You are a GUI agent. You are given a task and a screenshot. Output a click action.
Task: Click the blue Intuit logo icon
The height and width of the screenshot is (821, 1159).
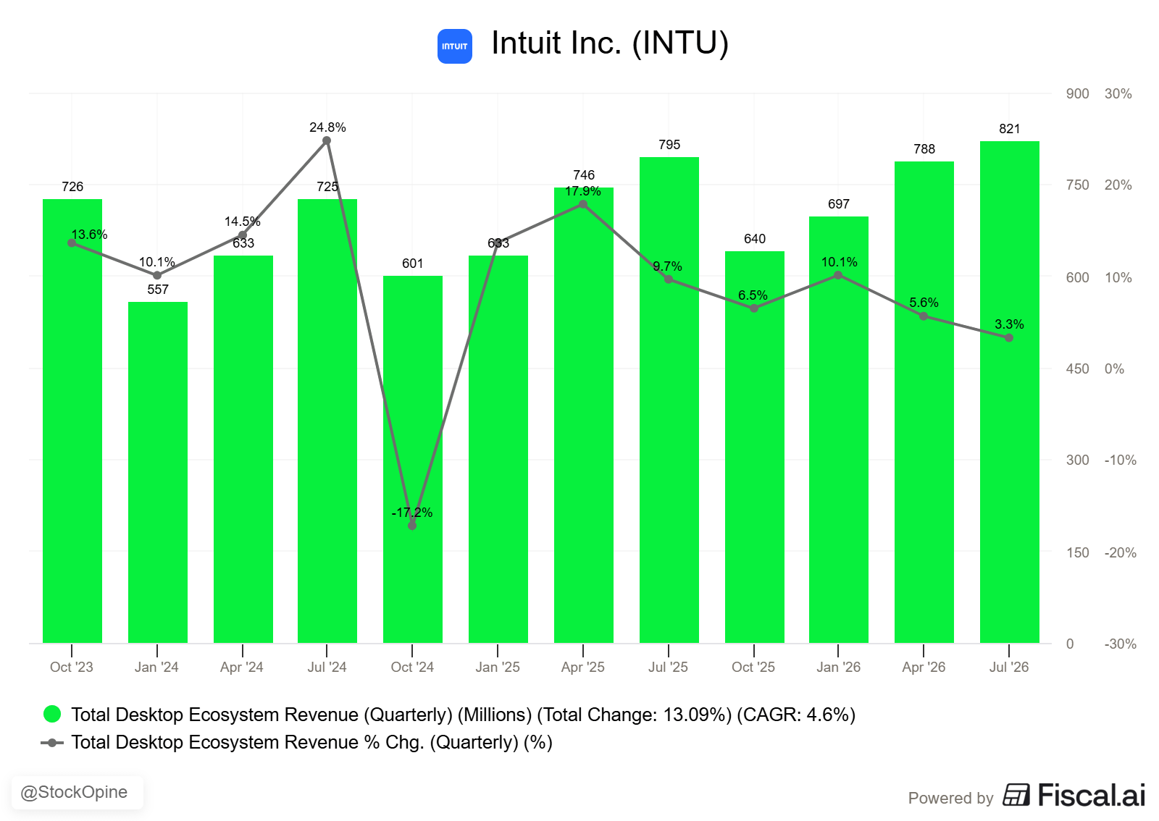pyautogui.click(x=454, y=46)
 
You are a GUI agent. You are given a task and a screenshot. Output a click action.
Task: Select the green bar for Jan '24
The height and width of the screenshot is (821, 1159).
pyautogui.click(x=158, y=472)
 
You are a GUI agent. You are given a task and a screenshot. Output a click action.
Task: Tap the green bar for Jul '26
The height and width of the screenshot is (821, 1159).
pyautogui.click(x=1010, y=392)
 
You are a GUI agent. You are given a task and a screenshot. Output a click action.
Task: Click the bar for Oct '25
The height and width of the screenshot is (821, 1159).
pyautogui.click(x=754, y=447)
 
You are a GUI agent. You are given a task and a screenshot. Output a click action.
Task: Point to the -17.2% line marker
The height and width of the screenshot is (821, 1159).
pyautogui.click(x=412, y=526)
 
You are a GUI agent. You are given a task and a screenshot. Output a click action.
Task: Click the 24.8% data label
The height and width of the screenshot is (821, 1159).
pyautogui.click(x=327, y=127)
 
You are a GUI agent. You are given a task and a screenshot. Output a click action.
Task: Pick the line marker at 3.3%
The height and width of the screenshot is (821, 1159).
pyautogui.click(x=1009, y=337)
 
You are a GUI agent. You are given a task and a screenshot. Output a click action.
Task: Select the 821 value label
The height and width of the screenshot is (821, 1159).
pyautogui.click(x=1010, y=129)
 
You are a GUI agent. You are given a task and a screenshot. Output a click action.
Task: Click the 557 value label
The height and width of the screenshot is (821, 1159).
pyautogui.click(x=158, y=290)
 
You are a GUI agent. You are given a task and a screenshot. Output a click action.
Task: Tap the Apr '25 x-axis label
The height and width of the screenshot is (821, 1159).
pyautogui.click(x=582, y=667)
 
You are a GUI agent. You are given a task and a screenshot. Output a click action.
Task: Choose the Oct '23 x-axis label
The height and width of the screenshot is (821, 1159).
pyautogui.click(x=72, y=667)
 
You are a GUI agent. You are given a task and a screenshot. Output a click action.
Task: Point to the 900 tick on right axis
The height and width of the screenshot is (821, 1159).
pyautogui.click(x=1077, y=94)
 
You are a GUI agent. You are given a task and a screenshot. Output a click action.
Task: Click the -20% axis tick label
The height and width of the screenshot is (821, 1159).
pyautogui.click(x=1120, y=552)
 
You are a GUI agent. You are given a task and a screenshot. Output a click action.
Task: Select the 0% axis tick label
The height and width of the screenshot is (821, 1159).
pyautogui.click(x=1114, y=369)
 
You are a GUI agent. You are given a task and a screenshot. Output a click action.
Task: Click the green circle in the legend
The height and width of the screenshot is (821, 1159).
pyautogui.click(x=52, y=714)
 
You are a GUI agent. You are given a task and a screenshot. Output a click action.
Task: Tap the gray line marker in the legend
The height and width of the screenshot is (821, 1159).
pyautogui.click(x=52, y=743)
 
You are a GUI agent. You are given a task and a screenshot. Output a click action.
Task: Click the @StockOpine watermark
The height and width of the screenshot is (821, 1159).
pyautogui.click(x=74, y=792)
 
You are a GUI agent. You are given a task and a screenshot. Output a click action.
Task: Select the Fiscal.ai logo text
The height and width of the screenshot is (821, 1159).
pyautogui.click(x=1091, y=795)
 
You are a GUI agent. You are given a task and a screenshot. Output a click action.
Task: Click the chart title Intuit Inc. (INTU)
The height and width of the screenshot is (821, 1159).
pyautogui.click(x=609, y=43)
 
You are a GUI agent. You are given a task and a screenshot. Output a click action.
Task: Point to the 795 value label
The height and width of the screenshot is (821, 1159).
pyautogui.click(x=669, y=145)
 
